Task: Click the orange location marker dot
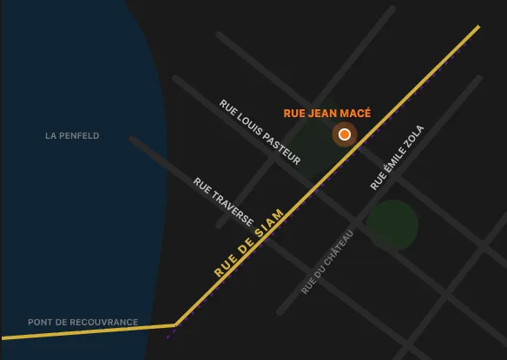[345, 134]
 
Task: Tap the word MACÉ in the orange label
[356, 114]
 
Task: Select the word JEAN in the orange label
[322, 114]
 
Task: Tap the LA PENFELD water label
[72, 136]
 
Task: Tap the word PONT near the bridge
[40, 323]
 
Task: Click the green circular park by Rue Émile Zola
[392, 225]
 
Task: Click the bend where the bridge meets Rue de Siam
[175, 326]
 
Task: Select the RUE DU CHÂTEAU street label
[327, 262]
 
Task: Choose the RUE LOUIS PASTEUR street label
[260, 132]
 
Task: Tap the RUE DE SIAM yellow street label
[249, 243]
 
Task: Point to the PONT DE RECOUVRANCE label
[82, 323]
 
